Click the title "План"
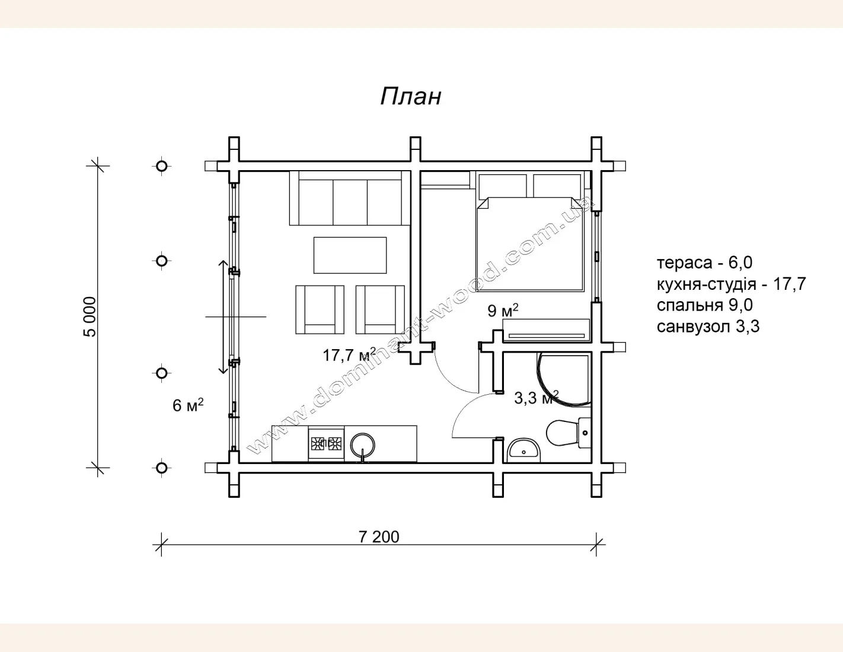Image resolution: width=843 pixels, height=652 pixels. (410, 96)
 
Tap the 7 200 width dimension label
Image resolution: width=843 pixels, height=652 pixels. (379, 537)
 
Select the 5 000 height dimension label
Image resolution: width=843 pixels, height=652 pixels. (90, 317)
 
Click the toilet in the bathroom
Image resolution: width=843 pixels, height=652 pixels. (569, 433)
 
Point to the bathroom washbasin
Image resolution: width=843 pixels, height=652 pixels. (523, 450)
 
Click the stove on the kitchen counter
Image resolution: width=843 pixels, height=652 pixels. (326, 443)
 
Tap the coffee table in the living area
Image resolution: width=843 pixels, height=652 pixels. (350, 255)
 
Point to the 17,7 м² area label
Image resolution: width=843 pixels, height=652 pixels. (349, 354)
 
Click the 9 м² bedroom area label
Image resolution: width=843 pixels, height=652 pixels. (503, 310)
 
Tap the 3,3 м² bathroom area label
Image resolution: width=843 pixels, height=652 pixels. (536, 398)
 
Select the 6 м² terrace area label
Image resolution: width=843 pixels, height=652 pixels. (188, 405)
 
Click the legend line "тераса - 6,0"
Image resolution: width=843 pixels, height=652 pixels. (704, 263)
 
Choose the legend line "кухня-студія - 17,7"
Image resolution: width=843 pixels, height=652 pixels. (732, 285)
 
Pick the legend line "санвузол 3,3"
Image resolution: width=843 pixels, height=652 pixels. (708, 327)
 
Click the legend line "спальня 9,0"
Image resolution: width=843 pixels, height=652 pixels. (704, 305)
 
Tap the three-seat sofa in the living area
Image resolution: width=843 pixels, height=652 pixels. (350, 198)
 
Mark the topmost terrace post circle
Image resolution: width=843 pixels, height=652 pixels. (162, 166)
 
